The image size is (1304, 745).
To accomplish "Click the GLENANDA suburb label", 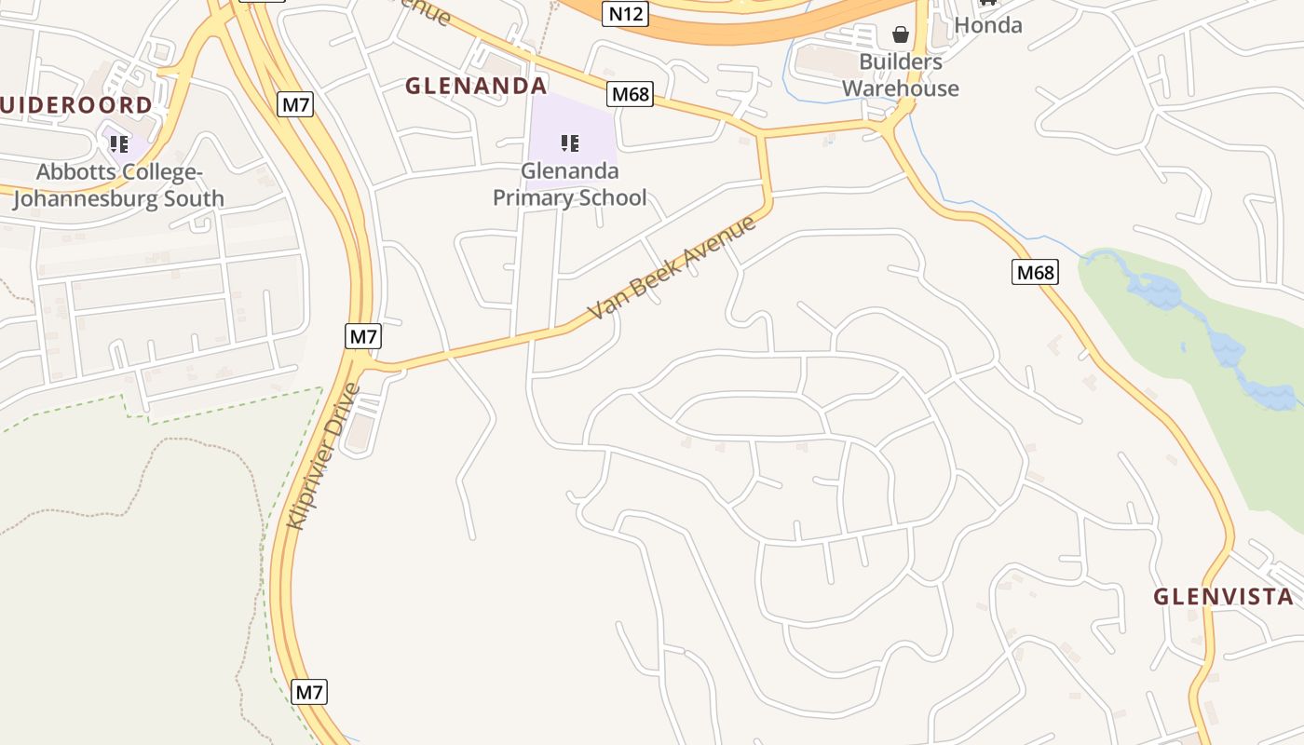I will tap(476, 86).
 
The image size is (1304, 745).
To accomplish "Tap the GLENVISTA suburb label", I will tap(1223, 597).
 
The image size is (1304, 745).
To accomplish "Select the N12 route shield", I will tap(624, 13).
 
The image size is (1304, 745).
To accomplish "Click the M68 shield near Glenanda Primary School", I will tap(630, 94).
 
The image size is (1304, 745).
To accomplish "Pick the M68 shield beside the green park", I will tap(1035, 272).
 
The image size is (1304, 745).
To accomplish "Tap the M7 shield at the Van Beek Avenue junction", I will tap(362, 336).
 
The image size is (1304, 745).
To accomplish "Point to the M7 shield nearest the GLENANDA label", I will tap(295, 104).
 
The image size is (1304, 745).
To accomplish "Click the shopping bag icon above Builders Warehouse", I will tap(901, 35).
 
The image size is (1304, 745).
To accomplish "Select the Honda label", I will tap(988, 25).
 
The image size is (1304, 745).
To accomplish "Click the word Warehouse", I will tap(900, 88).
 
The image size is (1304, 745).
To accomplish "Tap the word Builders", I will tap(900, 62).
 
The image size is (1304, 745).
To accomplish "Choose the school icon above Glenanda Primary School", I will tap(570, 143).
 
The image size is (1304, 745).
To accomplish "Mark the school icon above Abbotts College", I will tap(118, 144).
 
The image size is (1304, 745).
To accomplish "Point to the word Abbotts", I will tap(77, 172).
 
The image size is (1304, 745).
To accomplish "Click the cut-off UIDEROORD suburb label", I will tap(76, 104).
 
